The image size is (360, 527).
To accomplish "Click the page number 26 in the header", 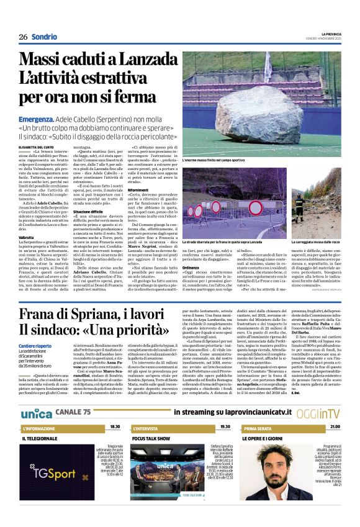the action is [23, 36].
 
